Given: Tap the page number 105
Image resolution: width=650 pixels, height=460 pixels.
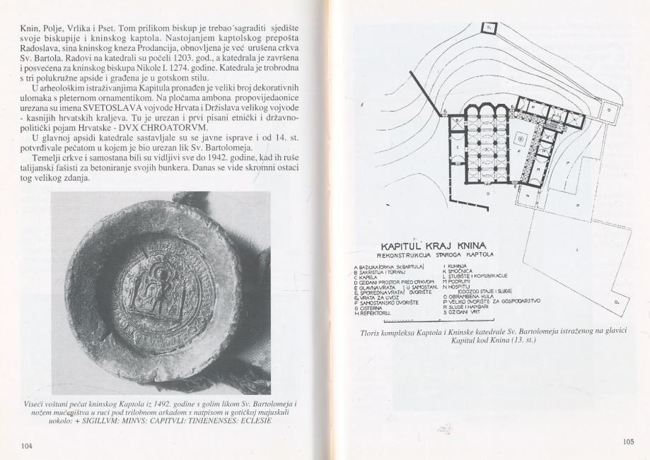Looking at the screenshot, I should pos(629,442).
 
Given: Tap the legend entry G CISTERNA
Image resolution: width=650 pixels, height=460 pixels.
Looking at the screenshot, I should pos(378,307).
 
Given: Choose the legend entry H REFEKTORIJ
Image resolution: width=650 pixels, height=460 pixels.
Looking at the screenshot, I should pos(381,312).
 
